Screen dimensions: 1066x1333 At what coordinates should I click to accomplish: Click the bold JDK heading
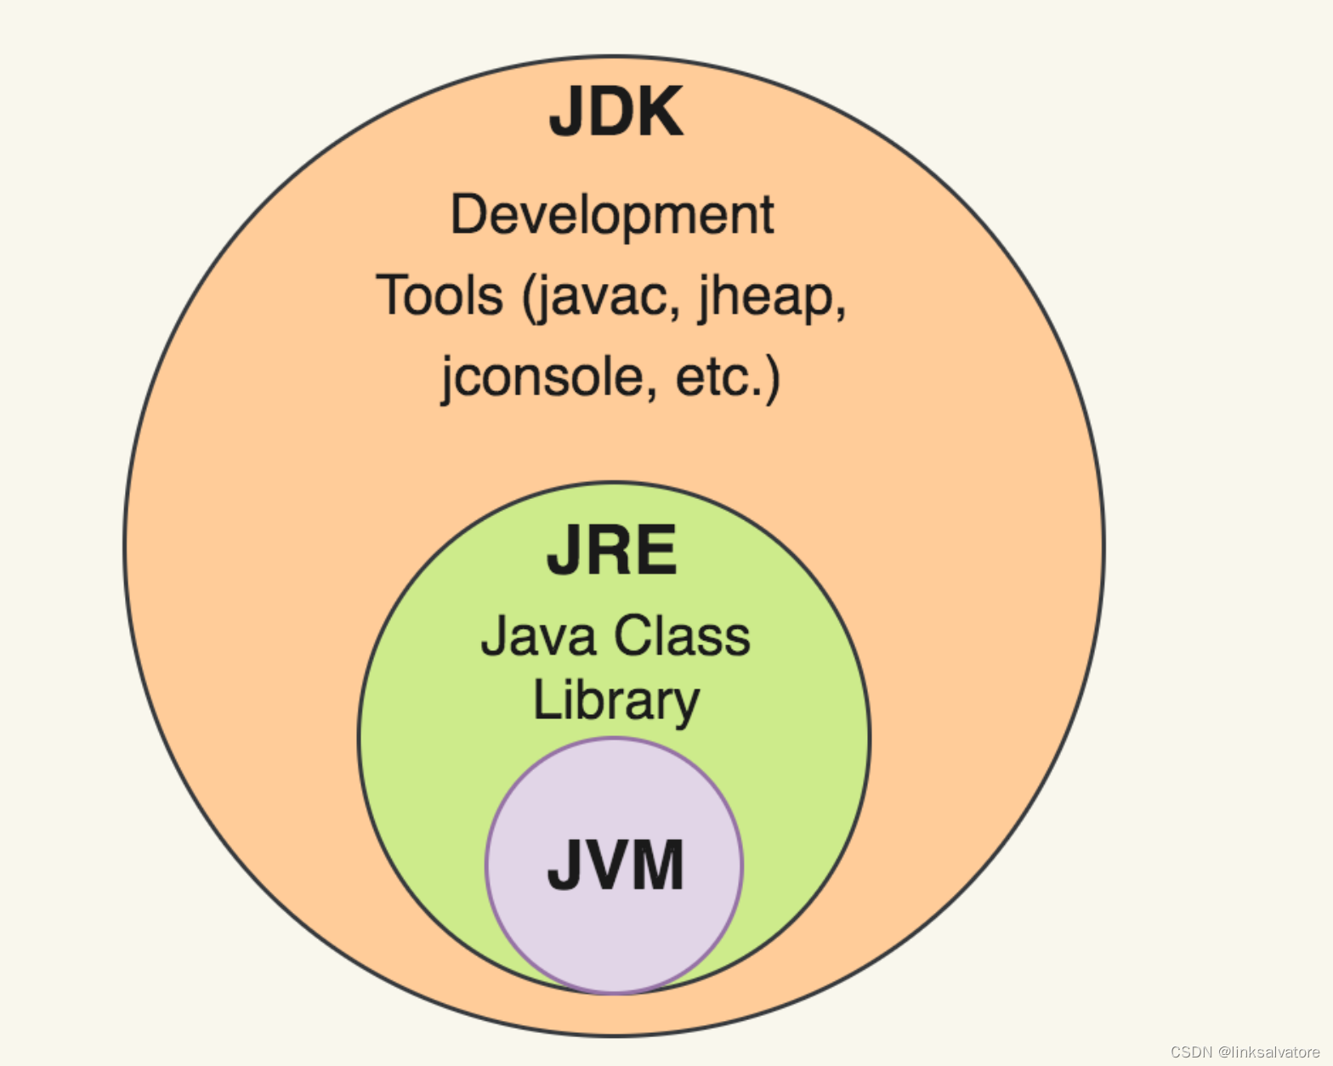(615, 112)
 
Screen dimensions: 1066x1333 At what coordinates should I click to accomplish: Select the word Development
(611, 215)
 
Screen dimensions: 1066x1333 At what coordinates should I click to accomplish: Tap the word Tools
(440, 296)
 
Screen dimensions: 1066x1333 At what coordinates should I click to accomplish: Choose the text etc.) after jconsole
(727, 377)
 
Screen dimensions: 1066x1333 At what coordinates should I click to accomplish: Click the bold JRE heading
(611, 551)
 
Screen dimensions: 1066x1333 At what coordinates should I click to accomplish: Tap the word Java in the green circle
(538, 636)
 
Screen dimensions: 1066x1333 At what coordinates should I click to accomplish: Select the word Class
(683, 636)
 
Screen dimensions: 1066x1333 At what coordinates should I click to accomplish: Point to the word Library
(615, 702)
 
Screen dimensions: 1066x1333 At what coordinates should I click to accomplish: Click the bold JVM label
(615, 865)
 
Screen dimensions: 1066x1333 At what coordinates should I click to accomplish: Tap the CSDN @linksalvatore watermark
(1245, 1052)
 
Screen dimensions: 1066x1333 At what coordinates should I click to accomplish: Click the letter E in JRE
(655, 551)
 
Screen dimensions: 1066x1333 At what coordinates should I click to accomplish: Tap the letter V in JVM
(610, 865)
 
